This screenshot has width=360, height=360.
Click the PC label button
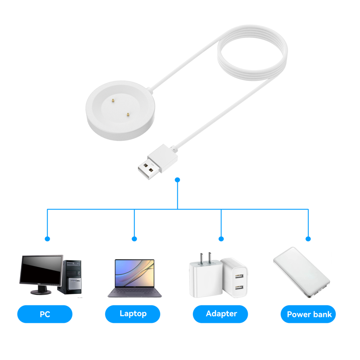(x=45, y=314)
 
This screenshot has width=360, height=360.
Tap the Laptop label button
(x=133, y=314)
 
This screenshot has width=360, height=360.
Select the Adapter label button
(x=221, y=314)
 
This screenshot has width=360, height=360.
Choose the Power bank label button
(x=309, y=314)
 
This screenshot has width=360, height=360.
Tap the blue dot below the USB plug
(x=177, y=179)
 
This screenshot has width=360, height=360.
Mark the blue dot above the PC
(x=47, y=239)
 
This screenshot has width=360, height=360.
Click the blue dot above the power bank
(x=308, y=239)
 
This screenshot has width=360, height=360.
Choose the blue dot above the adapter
(x=221, y=239)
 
